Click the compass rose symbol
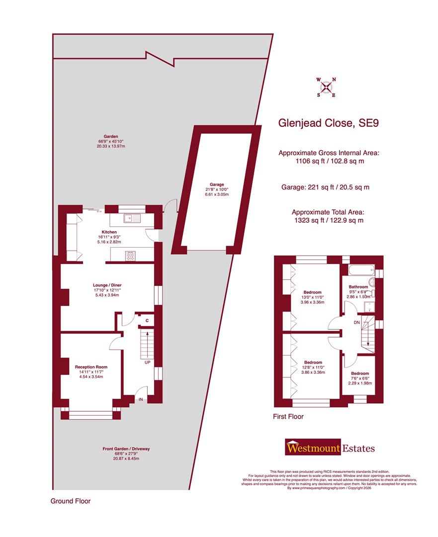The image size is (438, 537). pos(326,87)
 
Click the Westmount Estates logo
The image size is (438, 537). pos(330,448)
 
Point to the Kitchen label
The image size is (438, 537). pos(109,232)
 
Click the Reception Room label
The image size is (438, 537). pos(91,367)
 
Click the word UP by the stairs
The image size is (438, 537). pos(147,362)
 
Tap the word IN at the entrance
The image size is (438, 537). pos(141,399)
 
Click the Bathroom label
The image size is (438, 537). pos(358,287)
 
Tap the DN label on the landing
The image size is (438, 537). pos(356,323)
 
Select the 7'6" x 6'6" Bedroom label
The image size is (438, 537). pos(360,373)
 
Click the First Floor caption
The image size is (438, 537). pos(288,417)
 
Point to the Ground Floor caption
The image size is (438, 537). pos(71,501)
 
